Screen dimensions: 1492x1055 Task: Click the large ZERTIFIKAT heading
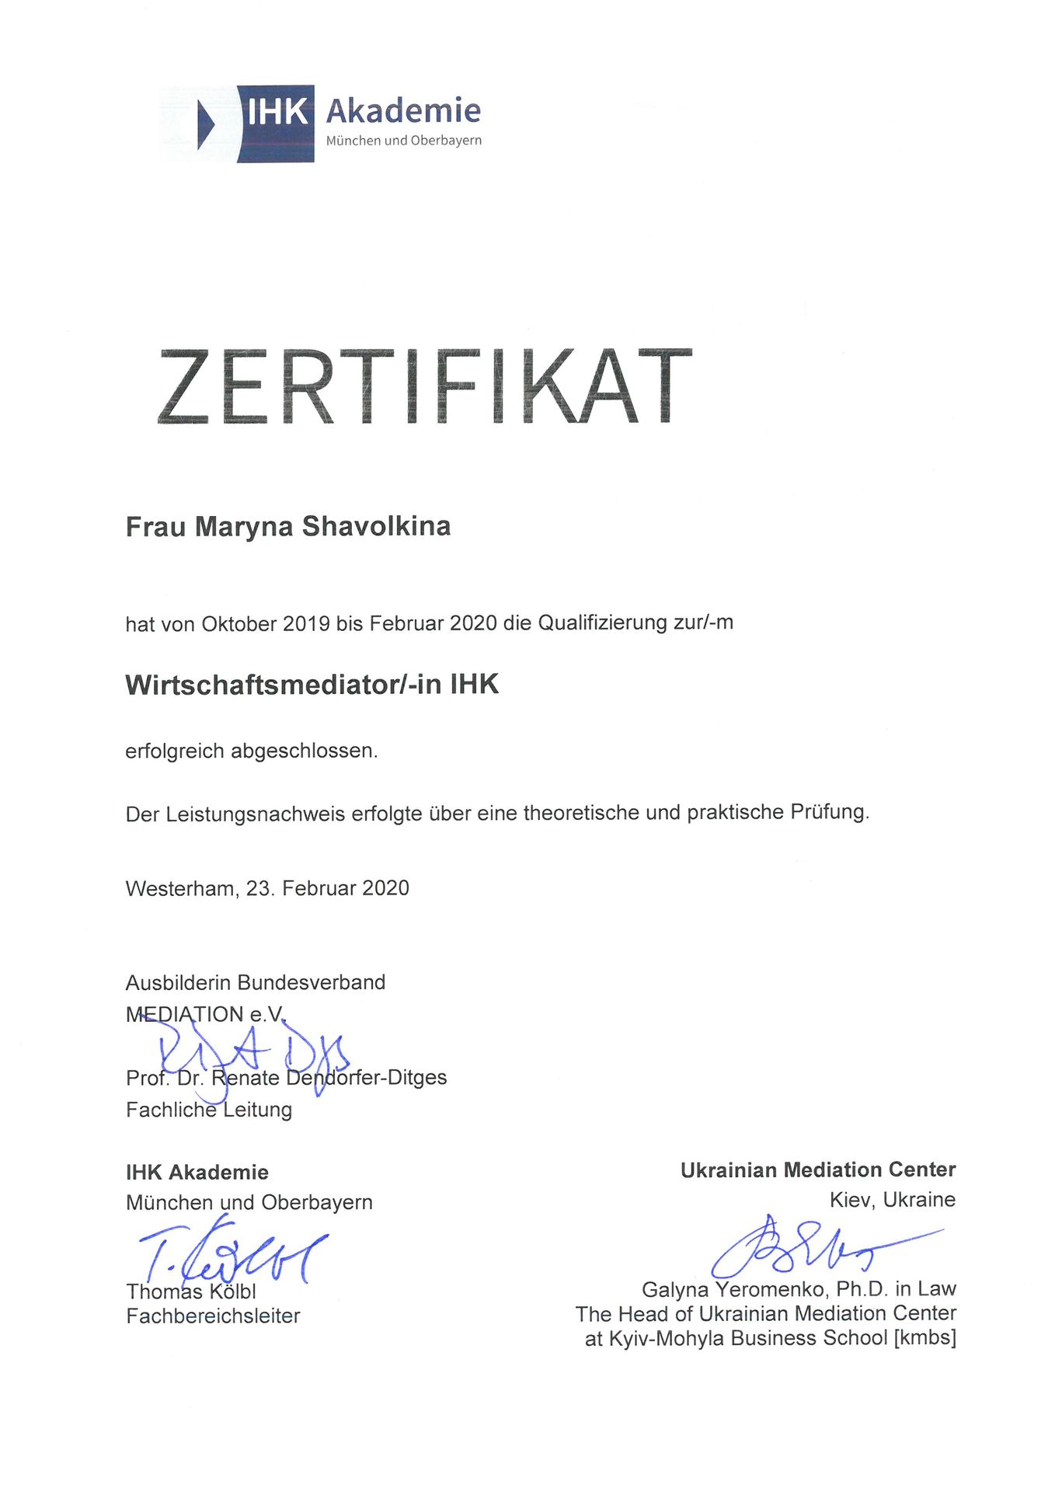[424, 386]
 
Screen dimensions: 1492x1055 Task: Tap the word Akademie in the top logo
[403, 111]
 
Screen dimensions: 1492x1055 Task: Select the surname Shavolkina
[376, 526]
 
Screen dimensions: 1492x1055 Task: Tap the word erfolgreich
[175, 751]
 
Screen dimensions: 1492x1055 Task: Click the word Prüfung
[829, 812]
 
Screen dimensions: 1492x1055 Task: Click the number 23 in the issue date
[259, 888]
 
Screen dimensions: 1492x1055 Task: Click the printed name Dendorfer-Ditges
[366, 1078]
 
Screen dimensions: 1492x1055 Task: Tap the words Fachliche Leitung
[209, 1110]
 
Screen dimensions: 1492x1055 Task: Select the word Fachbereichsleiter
[213, 1316]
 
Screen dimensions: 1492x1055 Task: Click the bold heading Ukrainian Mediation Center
[818, 1170]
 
